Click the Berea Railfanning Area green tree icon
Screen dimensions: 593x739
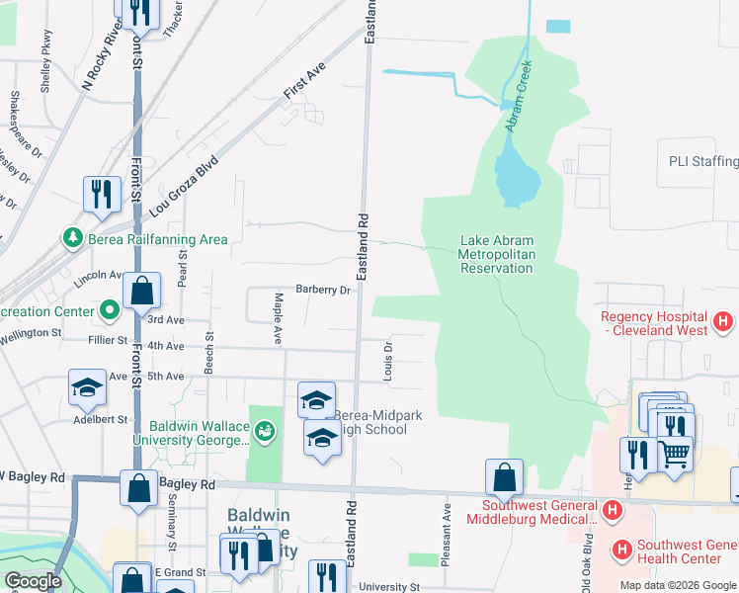tap(73, 239)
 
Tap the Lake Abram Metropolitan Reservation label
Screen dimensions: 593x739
tap(510, 254)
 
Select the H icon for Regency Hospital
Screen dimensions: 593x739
tap(723, 321)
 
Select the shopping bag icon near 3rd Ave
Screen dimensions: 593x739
tap(142, 292)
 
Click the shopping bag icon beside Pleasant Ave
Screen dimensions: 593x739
tap(505, 477)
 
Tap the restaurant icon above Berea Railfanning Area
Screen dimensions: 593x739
tap(102, 195)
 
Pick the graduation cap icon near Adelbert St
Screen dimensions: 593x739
tap(87, 386)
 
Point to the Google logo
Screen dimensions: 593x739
tap(33, 581)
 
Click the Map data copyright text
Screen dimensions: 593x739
tap(677, 585)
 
